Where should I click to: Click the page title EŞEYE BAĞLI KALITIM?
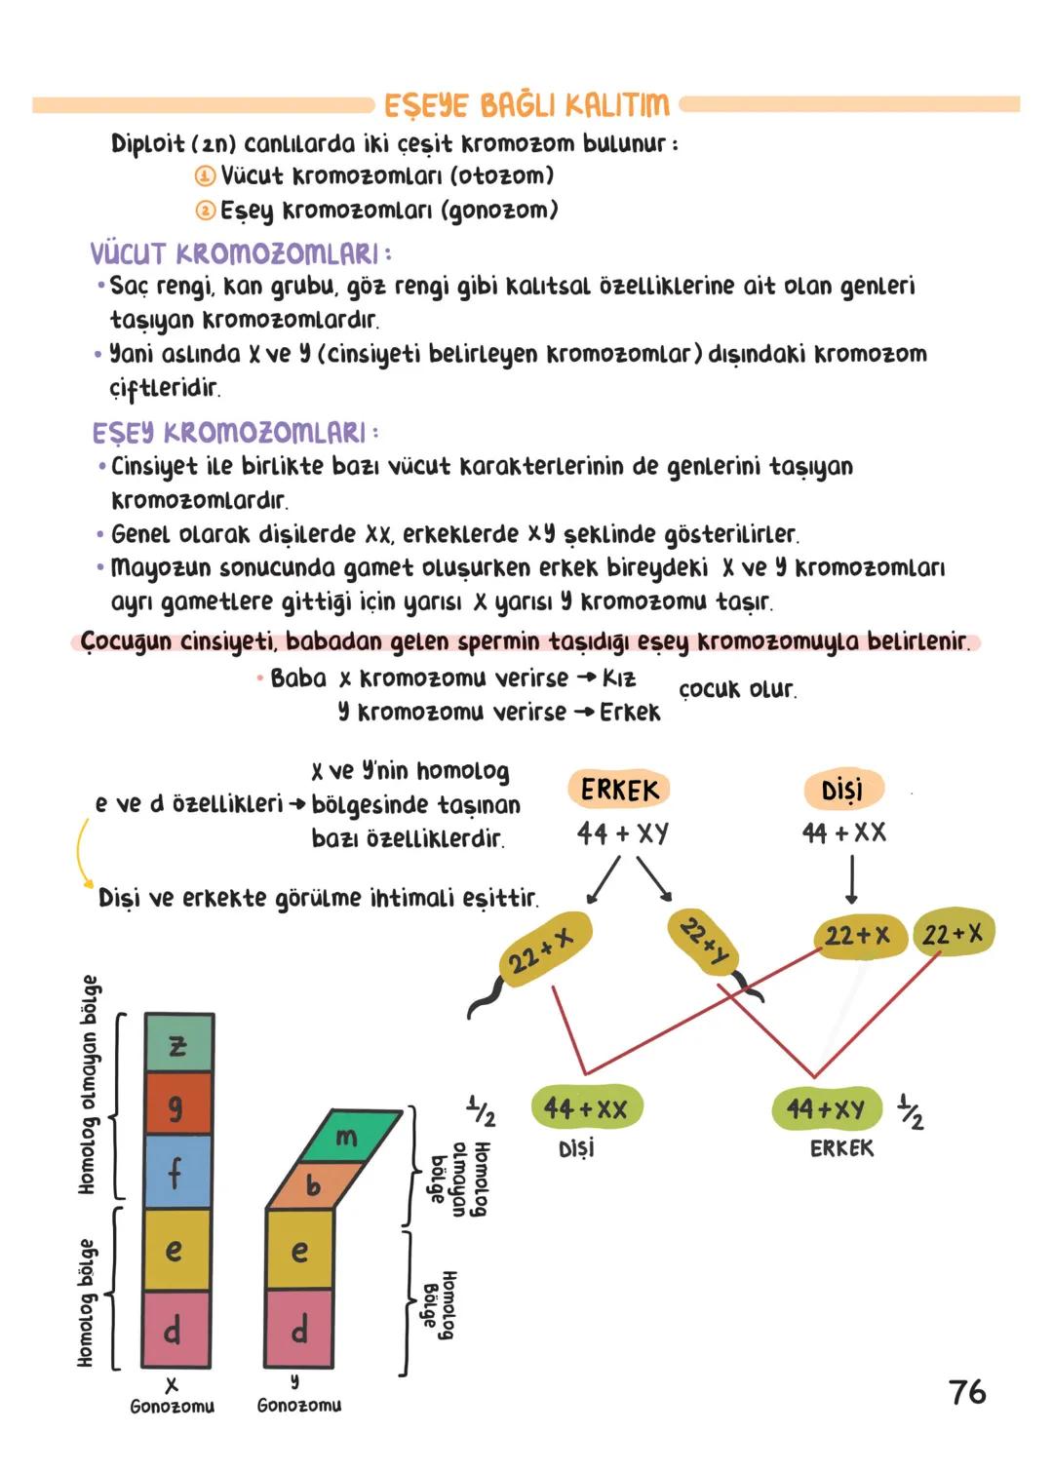click(x=526, y=104)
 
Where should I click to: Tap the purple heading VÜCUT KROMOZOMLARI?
click(x=239, y=254)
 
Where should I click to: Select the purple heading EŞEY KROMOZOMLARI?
click(x=234, y=432)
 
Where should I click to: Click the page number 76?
click(x=967, y=1392)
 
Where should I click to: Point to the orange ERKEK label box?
click(x=619, y=790)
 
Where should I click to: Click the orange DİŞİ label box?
click(x=841, y=790)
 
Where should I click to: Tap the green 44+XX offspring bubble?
click(x=585, y=1108)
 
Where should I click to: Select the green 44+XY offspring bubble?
click(x=826, y=1108)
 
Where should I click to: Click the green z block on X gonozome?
click(x=177, y=1044)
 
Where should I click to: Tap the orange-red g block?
click(x=177, y=1104)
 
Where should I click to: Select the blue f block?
click(x=177, y=1171)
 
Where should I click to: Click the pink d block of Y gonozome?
click(x=299, y=1329)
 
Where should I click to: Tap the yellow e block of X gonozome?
click(x=175, y=1250)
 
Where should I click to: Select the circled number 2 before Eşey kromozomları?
click(x=205, y=211)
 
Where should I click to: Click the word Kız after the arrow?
click(x=619, y=678)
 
